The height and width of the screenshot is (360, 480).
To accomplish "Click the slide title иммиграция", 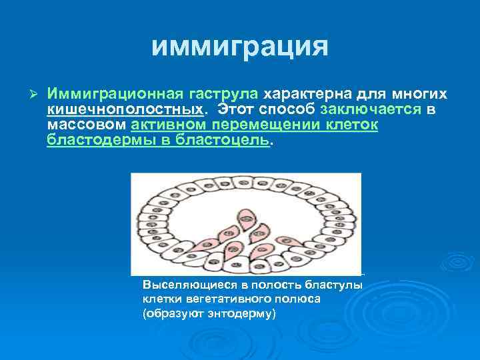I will (x=239, y=46).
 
